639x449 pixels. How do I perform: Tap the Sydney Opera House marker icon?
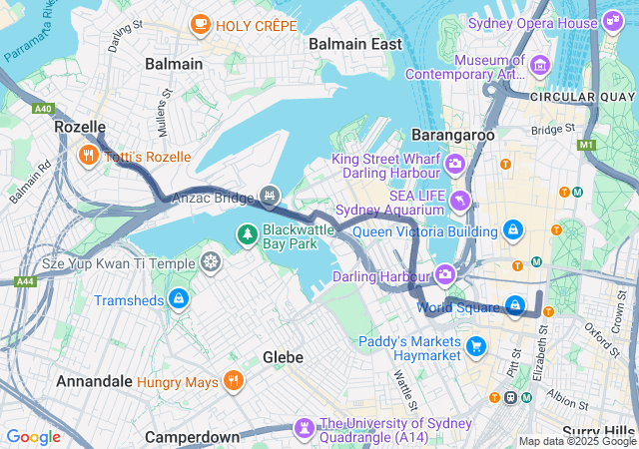614,22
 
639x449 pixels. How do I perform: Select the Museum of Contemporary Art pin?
540,66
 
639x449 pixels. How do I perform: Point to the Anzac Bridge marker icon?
268,196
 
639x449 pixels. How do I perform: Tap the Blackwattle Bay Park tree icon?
246,234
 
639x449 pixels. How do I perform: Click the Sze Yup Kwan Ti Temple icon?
211,262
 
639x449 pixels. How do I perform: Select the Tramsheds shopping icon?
178,298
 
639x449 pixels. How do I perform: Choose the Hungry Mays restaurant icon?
233,379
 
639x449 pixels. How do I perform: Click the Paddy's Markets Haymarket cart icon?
476,346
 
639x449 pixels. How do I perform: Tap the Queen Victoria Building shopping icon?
513,230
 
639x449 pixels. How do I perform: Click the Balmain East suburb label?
355,44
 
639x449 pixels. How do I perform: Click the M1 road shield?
586,145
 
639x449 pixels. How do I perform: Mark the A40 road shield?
42,108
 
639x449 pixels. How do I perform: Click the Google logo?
33,436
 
